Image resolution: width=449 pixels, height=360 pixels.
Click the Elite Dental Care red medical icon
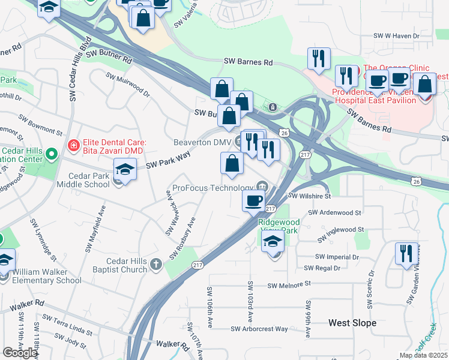tap(73, 145)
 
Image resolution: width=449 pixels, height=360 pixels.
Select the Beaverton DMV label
tap(202, 142)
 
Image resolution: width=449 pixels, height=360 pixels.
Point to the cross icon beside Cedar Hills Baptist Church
tap(155, 265)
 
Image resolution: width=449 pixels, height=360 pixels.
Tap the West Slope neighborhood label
tap(352, 323)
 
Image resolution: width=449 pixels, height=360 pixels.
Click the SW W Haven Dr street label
tap(393, 37)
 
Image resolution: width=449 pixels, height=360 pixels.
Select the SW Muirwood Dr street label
tap(128, 85)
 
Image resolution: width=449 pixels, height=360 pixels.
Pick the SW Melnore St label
tap(291, 285)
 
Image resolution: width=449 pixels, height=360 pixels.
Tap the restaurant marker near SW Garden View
tap(407, 254)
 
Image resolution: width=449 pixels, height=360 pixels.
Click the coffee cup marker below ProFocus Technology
tap(253, 200)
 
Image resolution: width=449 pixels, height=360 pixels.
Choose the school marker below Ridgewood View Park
tap(273, 241)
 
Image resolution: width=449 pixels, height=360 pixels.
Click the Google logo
tap(20, 352)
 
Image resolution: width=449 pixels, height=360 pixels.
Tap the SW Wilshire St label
tap(309, 196)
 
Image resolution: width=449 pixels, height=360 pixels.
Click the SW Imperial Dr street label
tap(339, 256)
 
